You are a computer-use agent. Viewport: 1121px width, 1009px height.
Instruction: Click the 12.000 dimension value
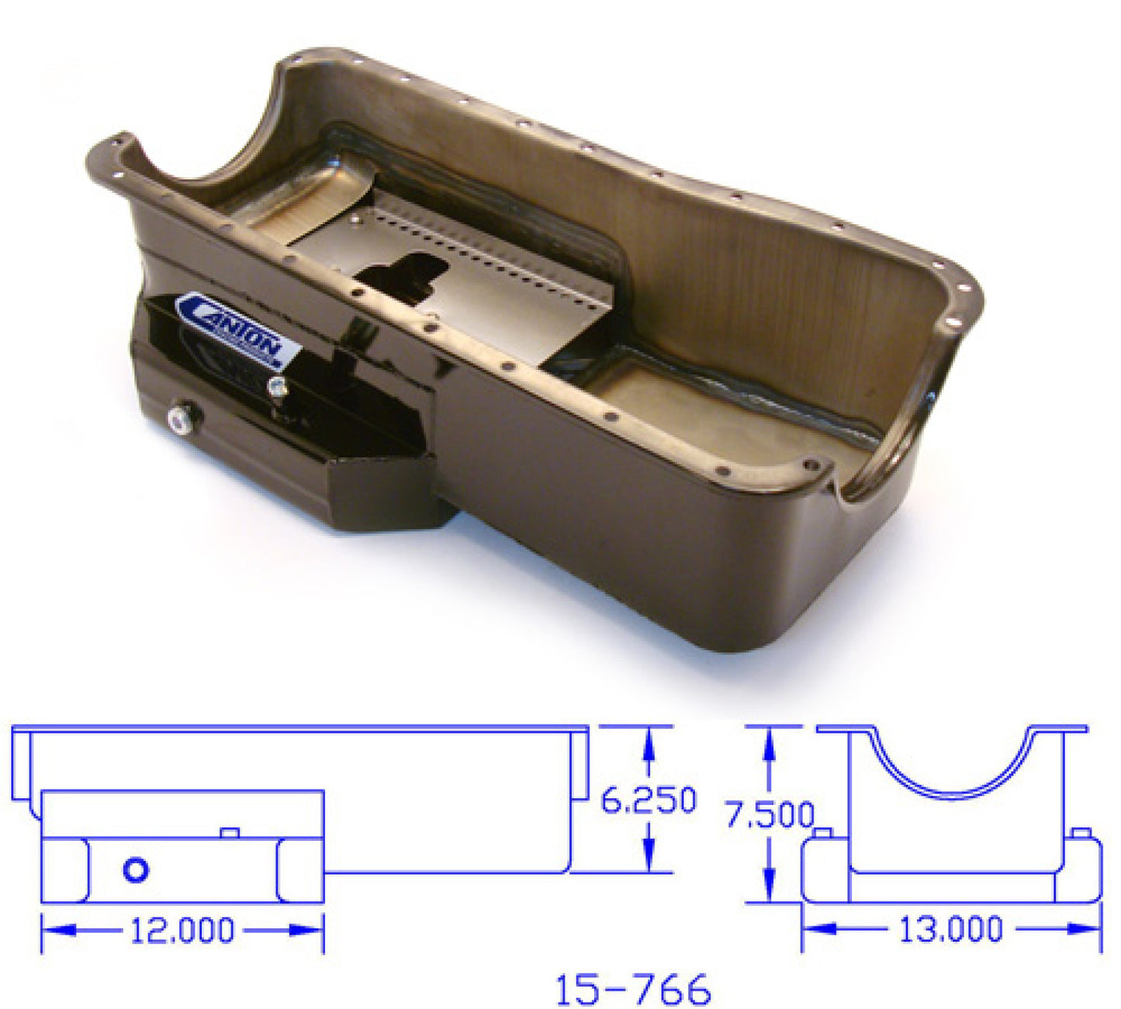click(182, 931)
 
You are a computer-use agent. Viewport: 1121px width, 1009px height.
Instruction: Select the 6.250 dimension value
click(649, 801)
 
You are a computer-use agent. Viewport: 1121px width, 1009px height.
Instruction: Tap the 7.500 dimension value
click(769, 815)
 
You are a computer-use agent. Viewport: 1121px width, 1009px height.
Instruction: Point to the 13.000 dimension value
click(951, 928)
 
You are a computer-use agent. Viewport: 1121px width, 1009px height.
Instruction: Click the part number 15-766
click(632, 990)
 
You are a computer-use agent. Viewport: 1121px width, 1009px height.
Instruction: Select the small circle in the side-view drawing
click(137, 870)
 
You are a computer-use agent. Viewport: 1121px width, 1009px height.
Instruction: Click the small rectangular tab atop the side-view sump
click(230, 833)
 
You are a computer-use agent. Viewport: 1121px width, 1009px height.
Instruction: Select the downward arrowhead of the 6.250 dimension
click(649, 861)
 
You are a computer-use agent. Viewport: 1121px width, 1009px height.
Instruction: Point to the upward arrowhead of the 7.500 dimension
click(769, 739)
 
